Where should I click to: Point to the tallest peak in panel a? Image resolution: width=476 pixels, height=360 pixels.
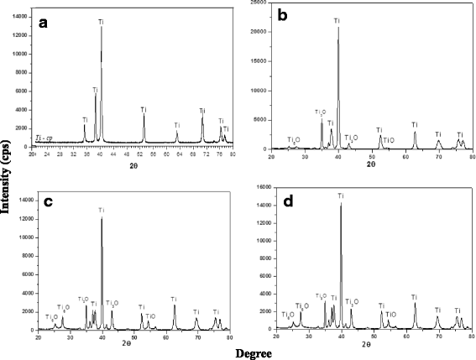(x=102, y=28)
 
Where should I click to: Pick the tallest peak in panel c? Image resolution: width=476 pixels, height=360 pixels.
(x=102, y=218)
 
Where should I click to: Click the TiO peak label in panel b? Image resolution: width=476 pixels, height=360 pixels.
(x=388, y=140)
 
